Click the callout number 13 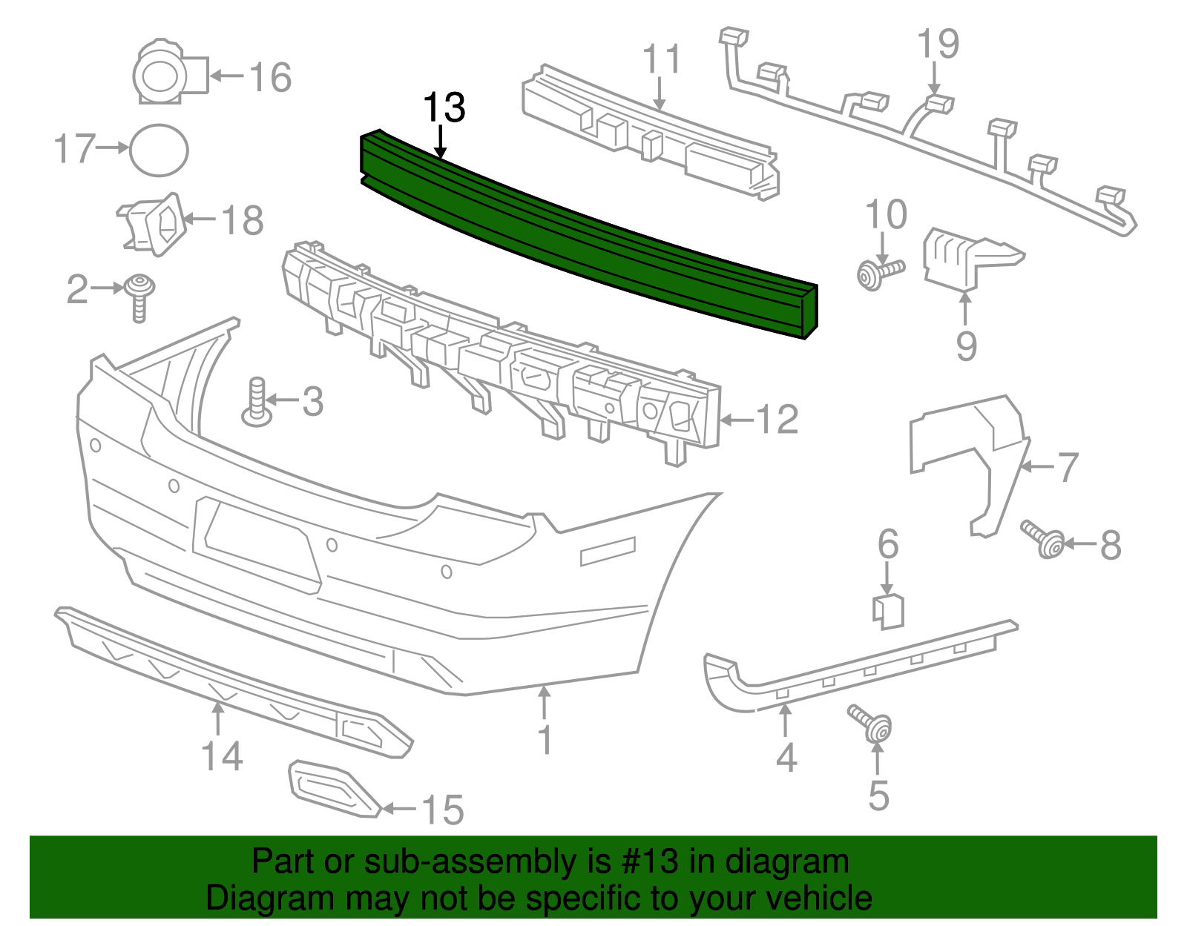[444, 108]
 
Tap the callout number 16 [270, 77]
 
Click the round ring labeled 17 [159, 150]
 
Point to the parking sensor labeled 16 [167, 72]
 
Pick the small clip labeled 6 [888, 611]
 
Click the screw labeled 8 [1043, 540]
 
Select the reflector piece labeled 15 [332, 788]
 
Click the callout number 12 [777, 420]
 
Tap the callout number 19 [938, 44]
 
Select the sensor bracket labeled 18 [154, 222]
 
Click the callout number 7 [1067, 467]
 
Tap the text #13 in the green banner [645, 862]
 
